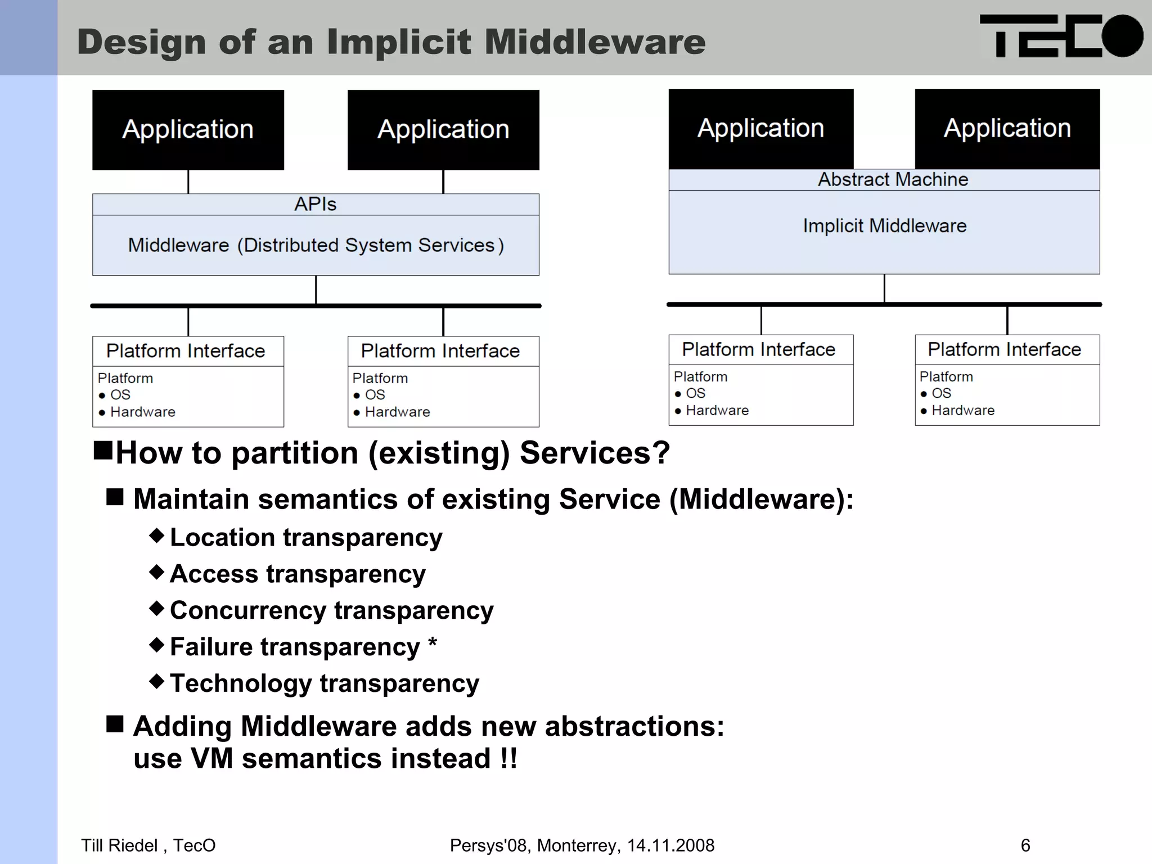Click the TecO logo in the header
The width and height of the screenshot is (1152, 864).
coord(1060,37)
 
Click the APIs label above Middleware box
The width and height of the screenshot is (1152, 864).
coord(315,204)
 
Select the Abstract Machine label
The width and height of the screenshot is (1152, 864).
coord(893,179)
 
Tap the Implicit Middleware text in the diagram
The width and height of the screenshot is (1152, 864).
coord(884,226)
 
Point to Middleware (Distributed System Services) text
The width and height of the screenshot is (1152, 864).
coord(316,245)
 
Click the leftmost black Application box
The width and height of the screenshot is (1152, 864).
coord(188,129)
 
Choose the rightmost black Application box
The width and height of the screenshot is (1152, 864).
coord(1007,128)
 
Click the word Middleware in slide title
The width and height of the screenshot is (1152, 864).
coord(595,42)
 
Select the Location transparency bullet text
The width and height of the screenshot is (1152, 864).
coord(306,537)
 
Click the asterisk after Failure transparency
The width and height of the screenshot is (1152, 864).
coord(432,642)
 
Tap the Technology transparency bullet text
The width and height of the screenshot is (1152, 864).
coord(325,683)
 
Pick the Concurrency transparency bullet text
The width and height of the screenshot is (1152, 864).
coord(331,610)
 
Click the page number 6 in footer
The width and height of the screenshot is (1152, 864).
coord(1025,845)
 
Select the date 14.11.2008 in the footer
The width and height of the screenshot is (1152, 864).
coord(670,845)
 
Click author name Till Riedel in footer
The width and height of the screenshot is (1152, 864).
coord(119,845)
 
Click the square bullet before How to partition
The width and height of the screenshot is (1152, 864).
coord(103,451)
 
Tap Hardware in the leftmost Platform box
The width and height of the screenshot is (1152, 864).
coord(143,412)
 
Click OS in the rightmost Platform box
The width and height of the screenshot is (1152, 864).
coord(941,393)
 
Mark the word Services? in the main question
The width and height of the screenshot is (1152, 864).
coord(595,453)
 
